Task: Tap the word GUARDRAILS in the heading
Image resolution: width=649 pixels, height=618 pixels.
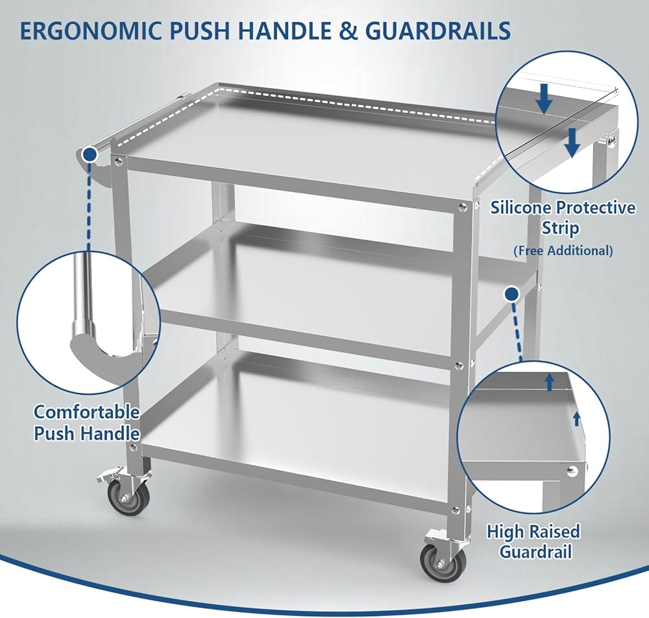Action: click(438, 30)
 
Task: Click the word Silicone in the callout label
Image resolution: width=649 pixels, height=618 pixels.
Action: click(524, 208)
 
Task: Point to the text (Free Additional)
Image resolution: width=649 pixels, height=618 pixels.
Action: click(563, 250)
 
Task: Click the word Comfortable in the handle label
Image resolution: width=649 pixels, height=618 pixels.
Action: click(86, 412)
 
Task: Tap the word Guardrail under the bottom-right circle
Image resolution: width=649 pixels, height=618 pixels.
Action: click(535, 552)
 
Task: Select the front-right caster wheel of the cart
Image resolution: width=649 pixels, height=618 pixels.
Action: click(443, 563)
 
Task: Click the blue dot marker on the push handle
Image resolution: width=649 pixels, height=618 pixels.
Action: click(90, 155)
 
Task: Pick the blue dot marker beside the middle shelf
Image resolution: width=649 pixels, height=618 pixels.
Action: click(512, 294)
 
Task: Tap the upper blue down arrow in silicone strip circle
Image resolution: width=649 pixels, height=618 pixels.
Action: click(545, 99)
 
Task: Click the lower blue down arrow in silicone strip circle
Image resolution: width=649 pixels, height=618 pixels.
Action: click(572, 142)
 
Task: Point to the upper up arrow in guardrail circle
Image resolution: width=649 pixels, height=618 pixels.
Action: click(550, 383)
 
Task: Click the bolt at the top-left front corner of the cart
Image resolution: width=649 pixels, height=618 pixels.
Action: click(119, 161)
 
